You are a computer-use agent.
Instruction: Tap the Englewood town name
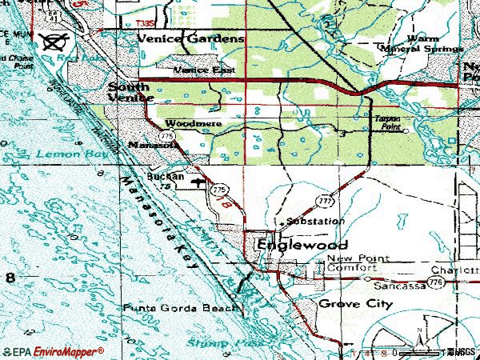coord(292,246)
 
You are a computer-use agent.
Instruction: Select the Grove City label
coord(355,304)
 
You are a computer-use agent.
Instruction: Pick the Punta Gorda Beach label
coord(180,308)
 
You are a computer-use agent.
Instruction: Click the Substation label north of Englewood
coord(315,221)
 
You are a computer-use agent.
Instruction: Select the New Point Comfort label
coord(357,263)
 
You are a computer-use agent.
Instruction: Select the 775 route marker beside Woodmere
coord(164,137)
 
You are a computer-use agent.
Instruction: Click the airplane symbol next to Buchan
coord(197,184)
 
